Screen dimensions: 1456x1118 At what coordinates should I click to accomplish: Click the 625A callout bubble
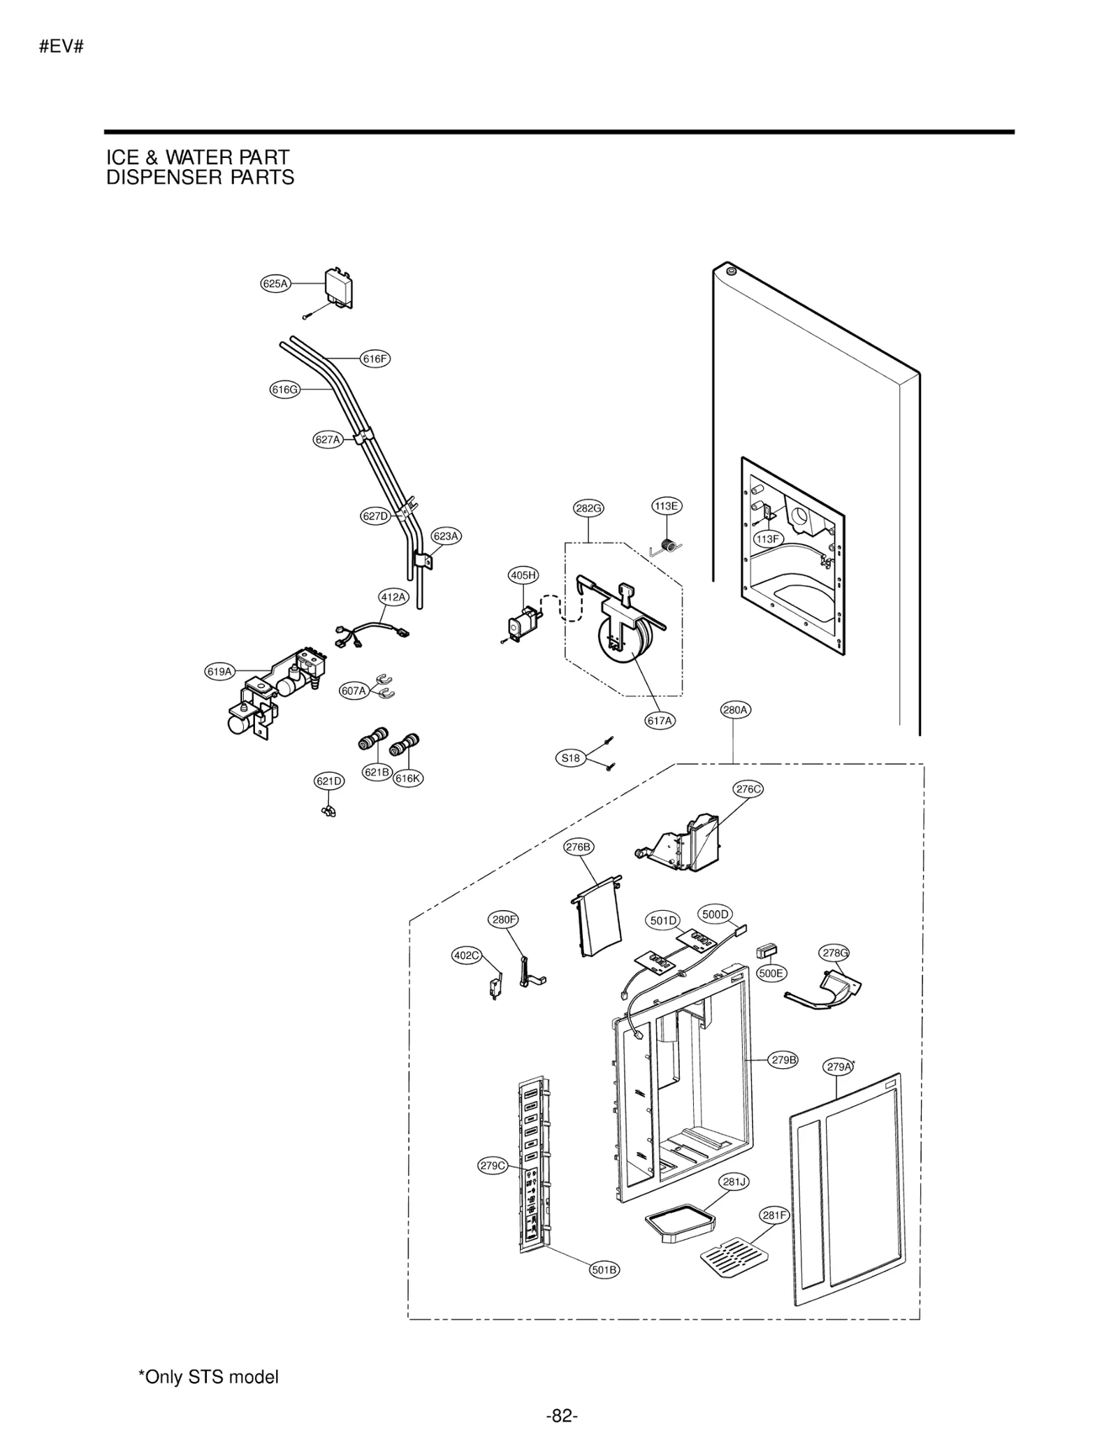tap(275, 283)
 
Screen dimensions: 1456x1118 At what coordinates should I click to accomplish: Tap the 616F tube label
tap(375, 359)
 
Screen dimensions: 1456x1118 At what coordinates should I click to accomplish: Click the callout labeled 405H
tap(523, 575)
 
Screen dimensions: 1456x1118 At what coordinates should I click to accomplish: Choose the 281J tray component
tap(680, 1223)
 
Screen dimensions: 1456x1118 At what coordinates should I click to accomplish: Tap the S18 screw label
tap(570, 758)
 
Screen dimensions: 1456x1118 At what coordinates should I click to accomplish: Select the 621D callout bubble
tap(328, 781)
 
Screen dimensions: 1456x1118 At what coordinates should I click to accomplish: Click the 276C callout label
tap(748, 789)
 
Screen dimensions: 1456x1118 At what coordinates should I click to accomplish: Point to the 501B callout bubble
tap(604, 1269)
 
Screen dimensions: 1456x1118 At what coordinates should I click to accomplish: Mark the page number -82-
tap(561, 1416)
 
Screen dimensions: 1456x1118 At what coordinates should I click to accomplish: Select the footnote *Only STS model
tap(208, 1377)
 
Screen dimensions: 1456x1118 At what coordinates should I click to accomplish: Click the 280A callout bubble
tap(735, 710)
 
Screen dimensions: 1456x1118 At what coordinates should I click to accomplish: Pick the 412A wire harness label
tap(393, 596)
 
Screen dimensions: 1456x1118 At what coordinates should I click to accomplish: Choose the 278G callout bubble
tap(834, 953)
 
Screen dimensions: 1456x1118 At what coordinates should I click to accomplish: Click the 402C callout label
tap(466, 956)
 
